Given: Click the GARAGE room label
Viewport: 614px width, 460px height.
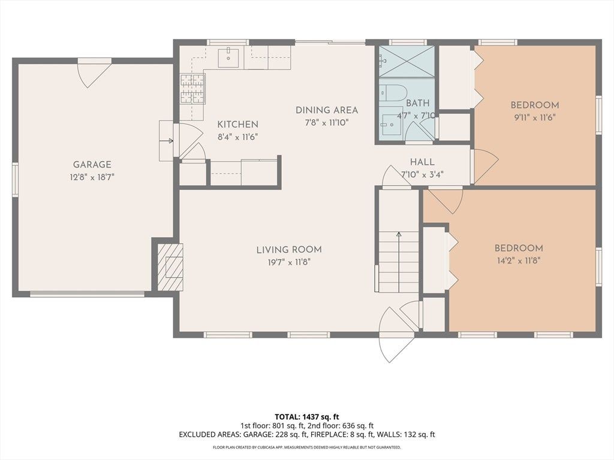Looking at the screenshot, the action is point(92,165).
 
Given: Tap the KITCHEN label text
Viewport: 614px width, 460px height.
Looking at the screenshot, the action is point(237,125).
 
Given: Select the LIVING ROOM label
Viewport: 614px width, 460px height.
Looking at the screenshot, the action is point(289,250).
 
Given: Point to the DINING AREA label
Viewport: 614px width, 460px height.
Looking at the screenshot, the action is point(327,110).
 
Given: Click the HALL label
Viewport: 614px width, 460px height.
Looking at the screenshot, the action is point(422,162).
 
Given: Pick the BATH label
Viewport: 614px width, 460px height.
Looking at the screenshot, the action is point(418,103).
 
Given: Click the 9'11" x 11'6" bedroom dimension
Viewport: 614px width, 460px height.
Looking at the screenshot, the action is point(534,117).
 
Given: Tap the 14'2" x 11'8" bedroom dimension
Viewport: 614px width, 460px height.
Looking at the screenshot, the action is point(519,261).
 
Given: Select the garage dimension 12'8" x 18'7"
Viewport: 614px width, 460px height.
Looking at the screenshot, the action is point(92,177).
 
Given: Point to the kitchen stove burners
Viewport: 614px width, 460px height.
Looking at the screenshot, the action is point(192,89).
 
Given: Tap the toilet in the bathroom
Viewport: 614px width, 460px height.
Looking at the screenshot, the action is point(393,93).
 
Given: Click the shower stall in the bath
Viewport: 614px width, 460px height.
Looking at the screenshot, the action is point(407,62).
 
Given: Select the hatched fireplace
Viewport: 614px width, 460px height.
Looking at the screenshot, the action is point(170,267).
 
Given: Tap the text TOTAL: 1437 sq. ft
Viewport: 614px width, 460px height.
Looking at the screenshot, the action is point(304,417).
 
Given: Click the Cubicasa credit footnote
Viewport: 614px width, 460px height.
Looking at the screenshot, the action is point(306,447).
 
